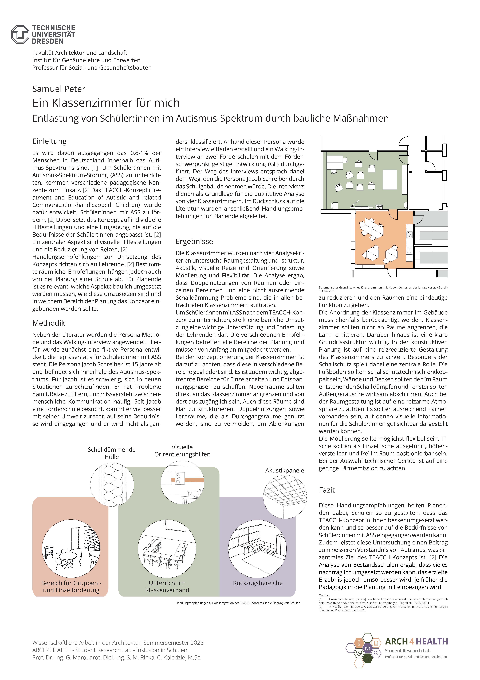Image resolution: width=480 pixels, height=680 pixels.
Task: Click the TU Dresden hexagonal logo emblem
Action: (20, 35)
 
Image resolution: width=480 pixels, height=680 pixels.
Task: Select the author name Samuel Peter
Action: (59, 89)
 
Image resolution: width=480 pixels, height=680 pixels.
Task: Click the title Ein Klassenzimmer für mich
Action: (106, 103)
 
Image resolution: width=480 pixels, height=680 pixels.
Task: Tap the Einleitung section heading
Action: (49, 141)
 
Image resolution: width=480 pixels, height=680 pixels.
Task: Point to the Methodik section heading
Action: (49, 323)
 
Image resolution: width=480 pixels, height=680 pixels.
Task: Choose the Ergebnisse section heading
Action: (194, 241)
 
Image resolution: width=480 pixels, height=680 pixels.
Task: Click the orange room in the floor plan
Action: (382, 240)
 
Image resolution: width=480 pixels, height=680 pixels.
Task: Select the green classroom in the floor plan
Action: (367, 181)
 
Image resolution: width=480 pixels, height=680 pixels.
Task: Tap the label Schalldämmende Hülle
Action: (112, 453)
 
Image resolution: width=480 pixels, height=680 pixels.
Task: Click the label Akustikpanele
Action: (284, 470)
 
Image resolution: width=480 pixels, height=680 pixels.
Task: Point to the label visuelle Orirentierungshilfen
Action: (182, 451)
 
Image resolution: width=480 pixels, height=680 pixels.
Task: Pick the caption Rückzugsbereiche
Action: (257, 583)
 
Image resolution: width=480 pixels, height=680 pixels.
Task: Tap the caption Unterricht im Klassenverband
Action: (167, 586)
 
